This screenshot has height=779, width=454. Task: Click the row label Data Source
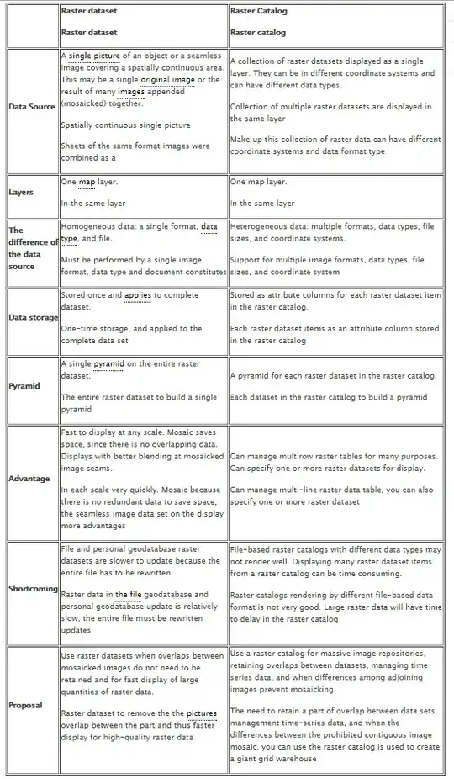click(32, 107)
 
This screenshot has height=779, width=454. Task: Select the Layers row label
click(21, 192)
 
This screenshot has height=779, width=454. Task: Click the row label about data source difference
click(32, 247)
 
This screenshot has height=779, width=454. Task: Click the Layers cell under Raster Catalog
click(335, 192)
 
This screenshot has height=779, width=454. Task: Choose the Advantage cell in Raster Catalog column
click(335, 478)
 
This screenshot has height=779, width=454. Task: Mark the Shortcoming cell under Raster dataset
click(143, 586)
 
